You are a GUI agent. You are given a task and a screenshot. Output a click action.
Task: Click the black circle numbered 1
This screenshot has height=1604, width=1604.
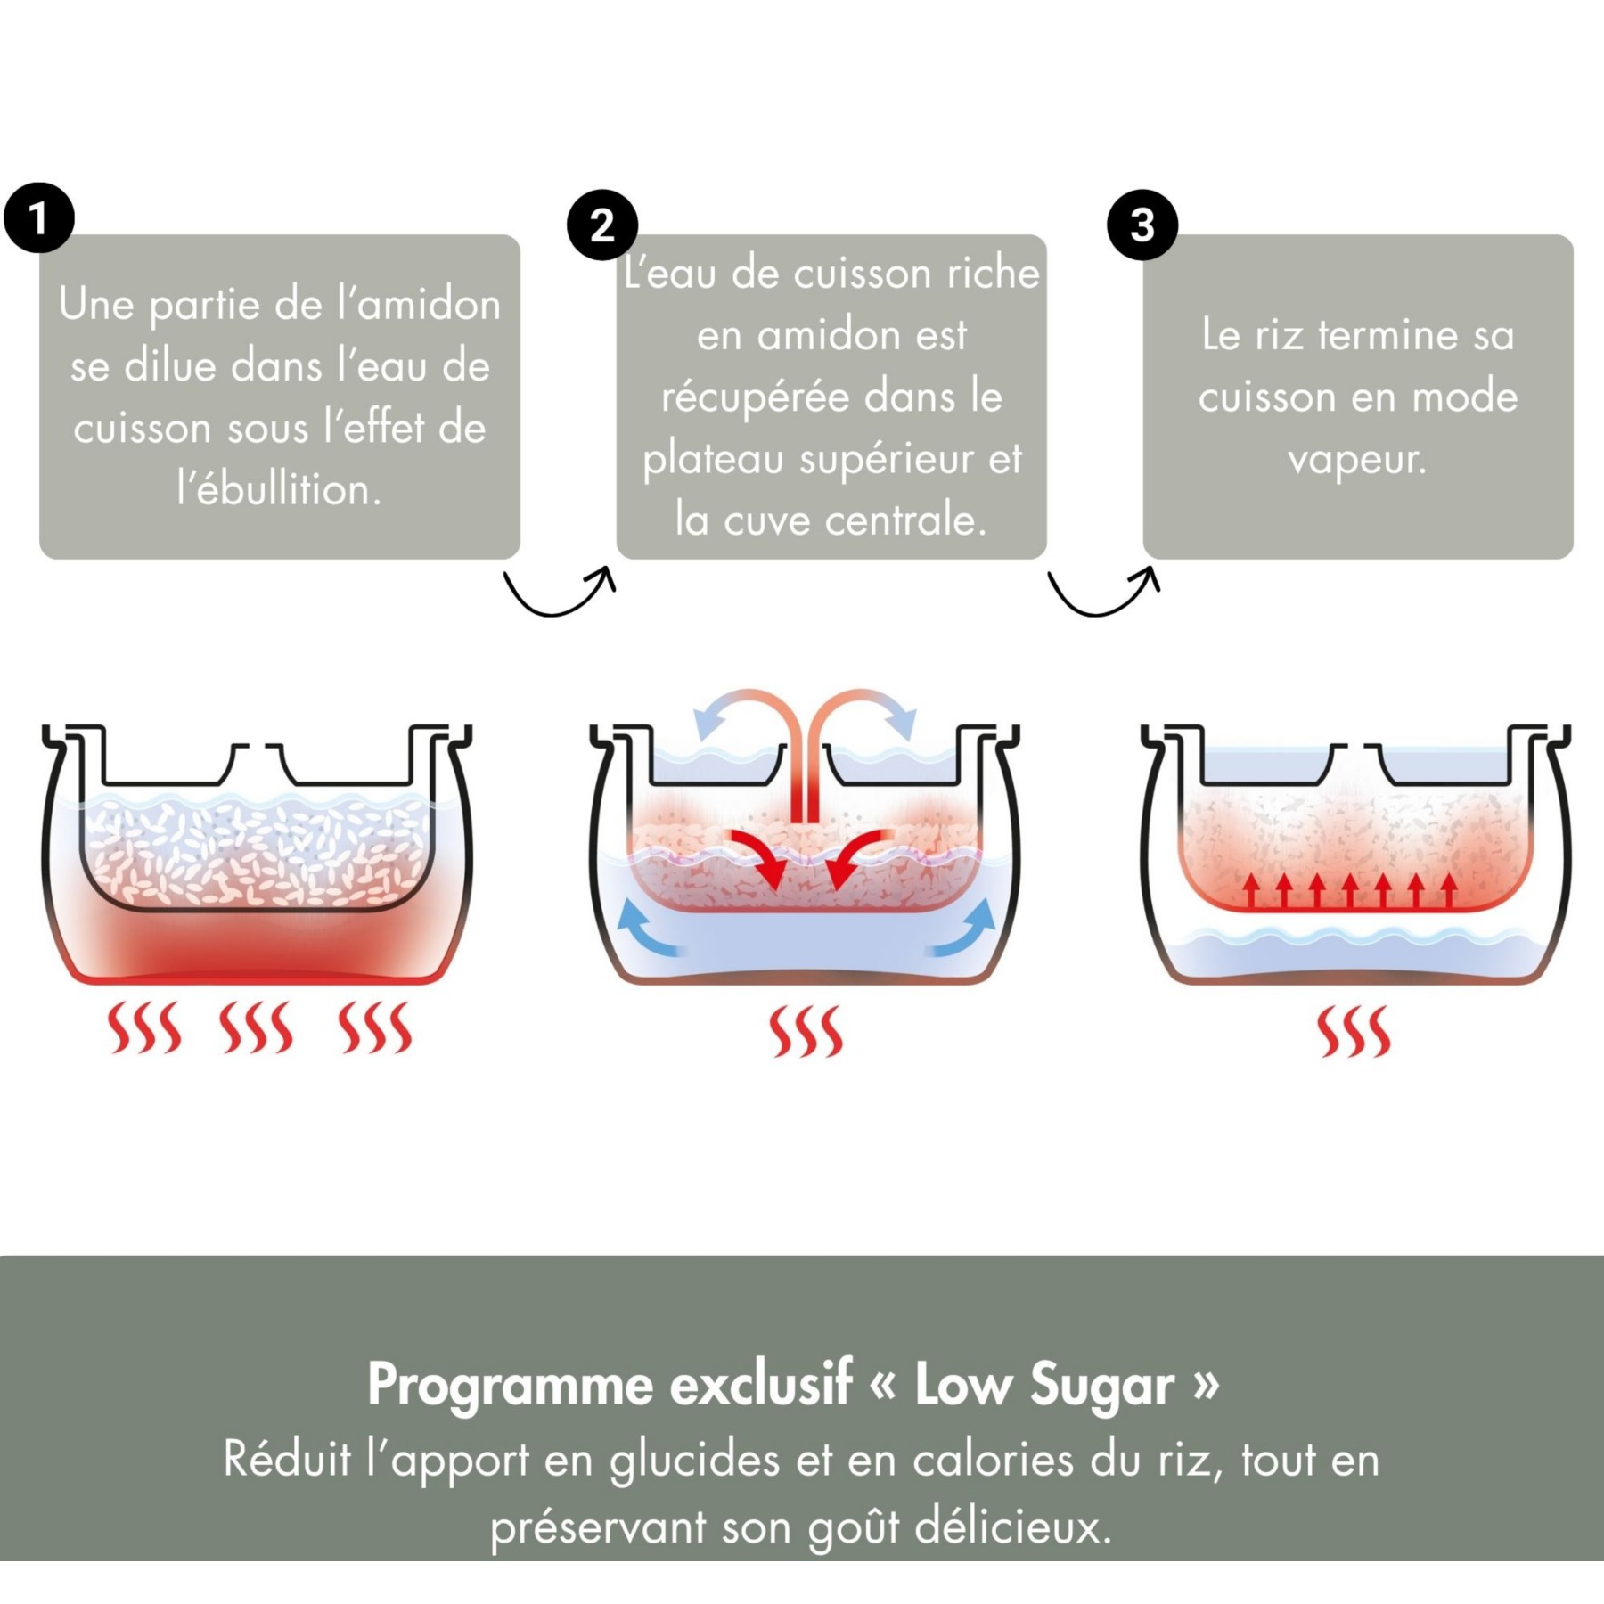[x=39, y=217]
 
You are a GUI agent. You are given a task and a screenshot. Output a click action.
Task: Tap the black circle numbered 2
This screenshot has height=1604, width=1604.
[x=602, y=225]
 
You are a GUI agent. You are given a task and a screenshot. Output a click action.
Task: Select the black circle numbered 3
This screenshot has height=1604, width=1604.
[x=1142, y=225]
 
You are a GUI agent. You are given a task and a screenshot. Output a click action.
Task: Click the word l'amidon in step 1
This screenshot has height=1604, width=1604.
[x=419, y=305]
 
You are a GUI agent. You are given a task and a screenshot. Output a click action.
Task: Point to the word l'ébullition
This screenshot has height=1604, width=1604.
[x=280, y=490]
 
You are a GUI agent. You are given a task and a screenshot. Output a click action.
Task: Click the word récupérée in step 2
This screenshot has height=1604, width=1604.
[x=756, y=398]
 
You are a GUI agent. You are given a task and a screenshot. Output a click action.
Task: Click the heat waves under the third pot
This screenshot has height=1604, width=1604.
[x=1354, y=1031]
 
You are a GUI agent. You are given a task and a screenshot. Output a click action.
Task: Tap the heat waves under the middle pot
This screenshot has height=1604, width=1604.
[x=806, y=1031]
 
